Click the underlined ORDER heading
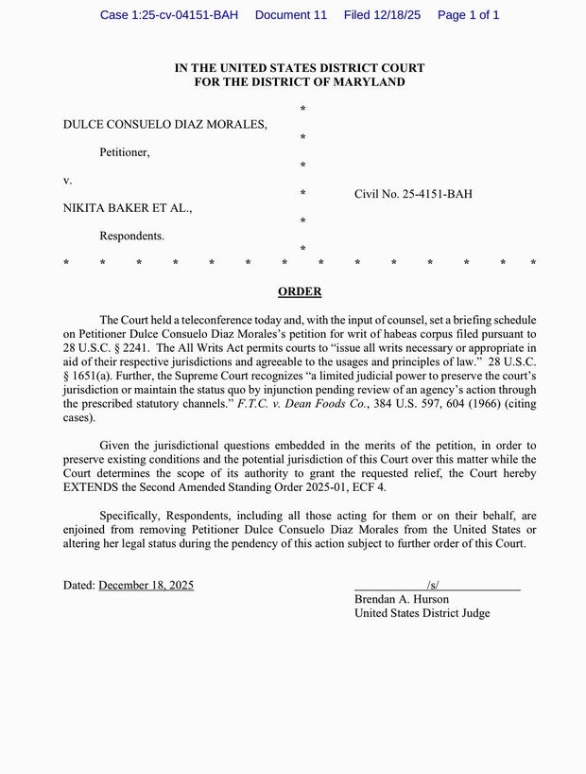(300, 291)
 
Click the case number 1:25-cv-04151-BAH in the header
(168, 15)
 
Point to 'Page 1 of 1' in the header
(469, 15)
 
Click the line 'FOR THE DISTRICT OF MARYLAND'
(300, 82)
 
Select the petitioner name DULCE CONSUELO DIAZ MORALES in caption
(165, 124)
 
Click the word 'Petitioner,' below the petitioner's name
(125, 151)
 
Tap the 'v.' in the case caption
(67, 179)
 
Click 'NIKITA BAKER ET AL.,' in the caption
(128, 207)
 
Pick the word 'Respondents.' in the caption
(132, 235)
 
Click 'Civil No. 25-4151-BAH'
(413, 194)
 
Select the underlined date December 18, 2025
(146, 586)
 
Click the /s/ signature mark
(433, 586)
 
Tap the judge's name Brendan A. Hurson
(402, 599)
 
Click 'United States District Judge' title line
(422, 613)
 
